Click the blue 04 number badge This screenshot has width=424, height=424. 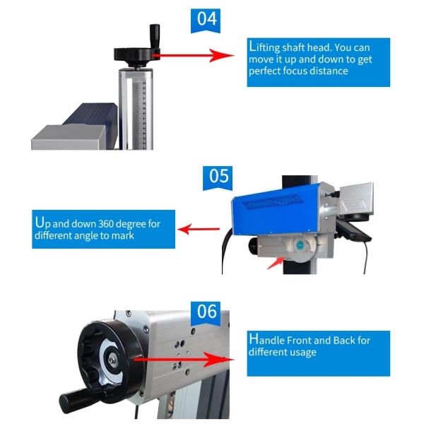206,20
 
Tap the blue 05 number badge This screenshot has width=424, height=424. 218,178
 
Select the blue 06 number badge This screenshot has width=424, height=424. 206,313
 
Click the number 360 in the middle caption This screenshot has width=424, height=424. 105,224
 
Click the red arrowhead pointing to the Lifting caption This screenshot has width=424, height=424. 221,55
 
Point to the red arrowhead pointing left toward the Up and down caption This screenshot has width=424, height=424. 185,229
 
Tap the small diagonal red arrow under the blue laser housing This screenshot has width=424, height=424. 276,263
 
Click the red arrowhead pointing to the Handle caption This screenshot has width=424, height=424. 218,360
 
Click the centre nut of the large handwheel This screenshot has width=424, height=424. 112,360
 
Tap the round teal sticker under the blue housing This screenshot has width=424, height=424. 300,245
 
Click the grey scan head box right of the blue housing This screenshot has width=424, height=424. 357,199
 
